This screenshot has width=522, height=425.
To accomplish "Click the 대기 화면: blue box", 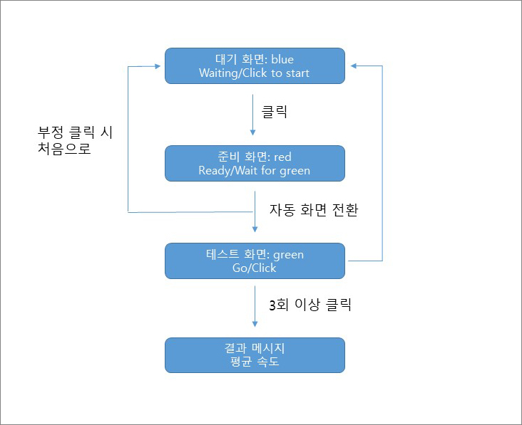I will [255, 65].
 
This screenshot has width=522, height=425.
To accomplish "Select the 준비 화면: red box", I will [255, 163].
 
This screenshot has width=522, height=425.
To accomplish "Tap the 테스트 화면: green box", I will [255, 261].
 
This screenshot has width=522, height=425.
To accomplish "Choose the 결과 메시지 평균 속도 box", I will [255, 355].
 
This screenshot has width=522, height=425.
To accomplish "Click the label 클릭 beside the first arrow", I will [275, 112].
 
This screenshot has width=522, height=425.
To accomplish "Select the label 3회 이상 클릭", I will [310, 306].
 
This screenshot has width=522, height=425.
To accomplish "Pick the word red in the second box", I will [282, 157].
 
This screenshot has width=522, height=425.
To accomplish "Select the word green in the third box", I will [289, 254].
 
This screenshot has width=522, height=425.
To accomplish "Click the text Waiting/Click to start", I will [255, 73].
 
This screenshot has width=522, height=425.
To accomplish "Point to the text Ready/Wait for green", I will [255, 170].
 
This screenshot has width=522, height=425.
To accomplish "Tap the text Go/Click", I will [255, 268].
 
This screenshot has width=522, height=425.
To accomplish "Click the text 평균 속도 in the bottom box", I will [255, 362].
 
